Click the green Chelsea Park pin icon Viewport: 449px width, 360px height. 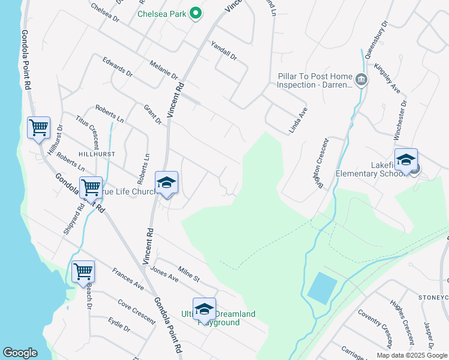point(195,13)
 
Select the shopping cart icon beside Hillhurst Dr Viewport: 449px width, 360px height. point(38,128)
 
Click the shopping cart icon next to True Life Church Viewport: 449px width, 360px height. point(91,187)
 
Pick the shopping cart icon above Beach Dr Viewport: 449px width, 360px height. point(83,271)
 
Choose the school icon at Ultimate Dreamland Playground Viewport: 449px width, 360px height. point(204,308)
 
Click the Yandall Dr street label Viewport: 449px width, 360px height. point(224,50)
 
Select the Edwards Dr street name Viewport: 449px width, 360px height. point(117,67)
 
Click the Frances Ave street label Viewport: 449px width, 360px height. point(128,279)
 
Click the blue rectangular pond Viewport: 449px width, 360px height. point(322,287)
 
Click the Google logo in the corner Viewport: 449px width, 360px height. point(20,353)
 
